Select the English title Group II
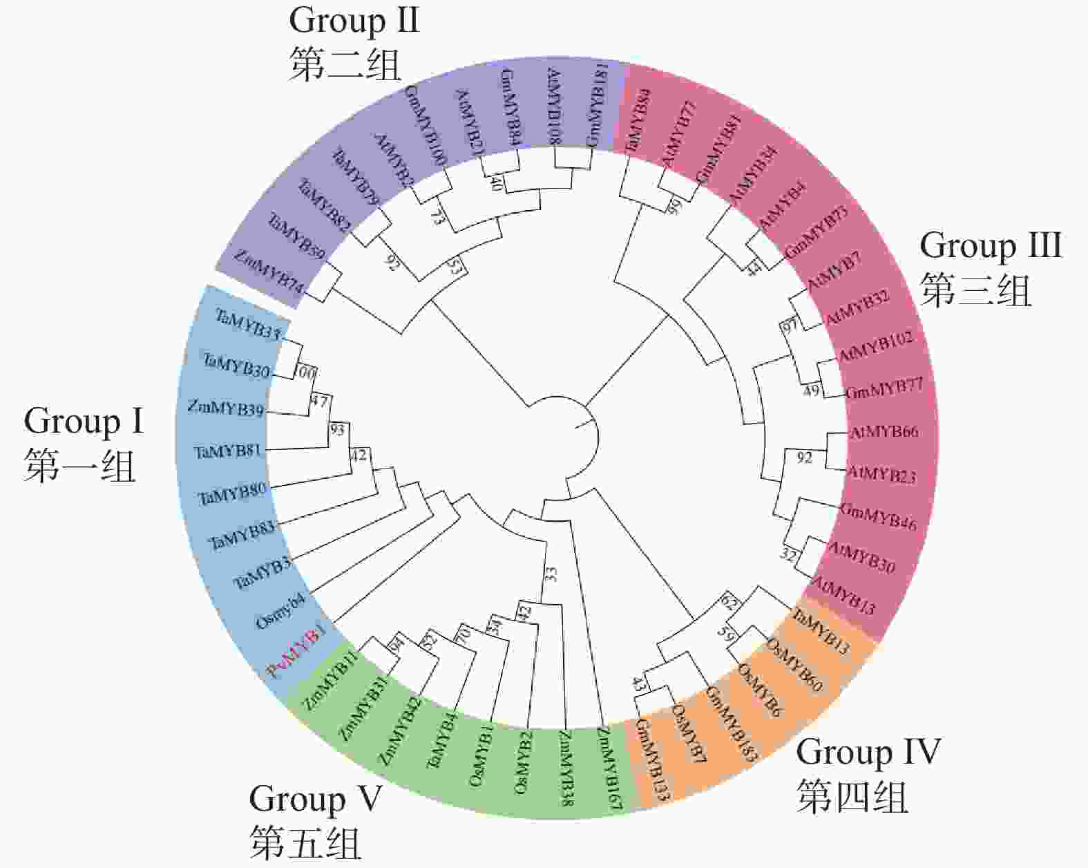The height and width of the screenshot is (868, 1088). [354, 20]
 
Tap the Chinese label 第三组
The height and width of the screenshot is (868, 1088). [975, 290]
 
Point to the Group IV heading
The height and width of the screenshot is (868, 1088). [868, 752]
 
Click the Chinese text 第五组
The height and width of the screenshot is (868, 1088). [305, 842]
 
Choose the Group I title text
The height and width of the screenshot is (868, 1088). [84, 421]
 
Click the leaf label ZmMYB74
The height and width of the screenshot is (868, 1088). [268, 272]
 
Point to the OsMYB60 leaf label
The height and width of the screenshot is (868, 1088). [794, 665]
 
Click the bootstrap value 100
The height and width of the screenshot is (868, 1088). [305, 373]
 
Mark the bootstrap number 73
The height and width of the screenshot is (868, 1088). [437, 216]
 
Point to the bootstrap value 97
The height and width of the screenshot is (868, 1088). [790, 325]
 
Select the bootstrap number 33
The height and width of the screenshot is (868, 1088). [551, 573]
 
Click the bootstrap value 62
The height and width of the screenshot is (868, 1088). [729, 601]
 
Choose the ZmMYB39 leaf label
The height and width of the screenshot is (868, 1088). [226, 408]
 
